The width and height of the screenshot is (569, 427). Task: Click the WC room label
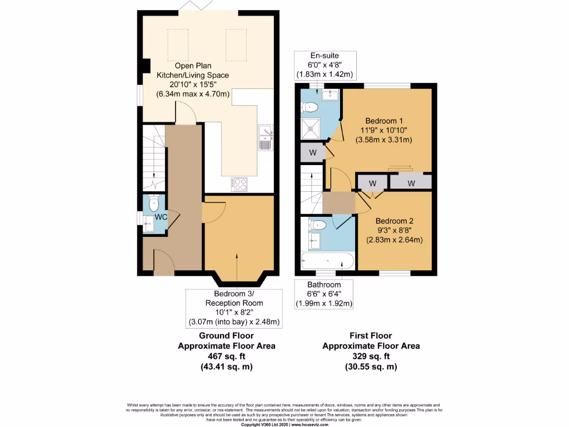[x=162, y=216]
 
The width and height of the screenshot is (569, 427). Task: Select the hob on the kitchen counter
[x=240, y=183]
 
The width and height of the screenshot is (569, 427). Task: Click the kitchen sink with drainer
[x=266, y=138]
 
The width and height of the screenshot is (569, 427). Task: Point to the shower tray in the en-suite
[x=310, y=128]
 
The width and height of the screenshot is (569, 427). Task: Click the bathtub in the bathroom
[x=327, y=261]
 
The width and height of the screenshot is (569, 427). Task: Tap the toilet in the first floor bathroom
[x=319, y=225]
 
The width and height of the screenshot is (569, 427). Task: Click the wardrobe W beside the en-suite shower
[x=312, y=152]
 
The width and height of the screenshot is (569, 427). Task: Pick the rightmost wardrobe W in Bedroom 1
[x=411, y=182]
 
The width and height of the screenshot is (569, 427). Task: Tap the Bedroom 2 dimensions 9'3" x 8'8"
[x=395, y=230]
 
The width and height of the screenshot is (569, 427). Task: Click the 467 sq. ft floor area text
[x=226, y=356]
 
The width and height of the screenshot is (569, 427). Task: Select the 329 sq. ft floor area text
[x=371, y=356]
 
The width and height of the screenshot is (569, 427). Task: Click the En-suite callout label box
[x=325, y=64]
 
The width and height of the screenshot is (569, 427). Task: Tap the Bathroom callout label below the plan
[x=323, y=294]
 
